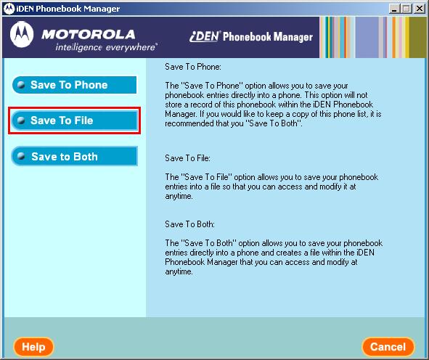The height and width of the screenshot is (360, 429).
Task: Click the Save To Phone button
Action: point(74,85)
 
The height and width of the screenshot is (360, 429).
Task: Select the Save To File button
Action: point(74,120)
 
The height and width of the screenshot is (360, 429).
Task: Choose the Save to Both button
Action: point(74,156)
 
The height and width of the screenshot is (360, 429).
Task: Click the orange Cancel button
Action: point(388,347)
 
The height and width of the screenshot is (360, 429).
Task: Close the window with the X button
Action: point(420,8)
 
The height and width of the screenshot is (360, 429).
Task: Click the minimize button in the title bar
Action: point(395,8)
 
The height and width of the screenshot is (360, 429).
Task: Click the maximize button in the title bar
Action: point(407,8)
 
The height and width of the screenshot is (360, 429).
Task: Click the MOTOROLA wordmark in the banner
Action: point(87,33)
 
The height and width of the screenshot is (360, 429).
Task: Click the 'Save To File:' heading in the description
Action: point(187,157)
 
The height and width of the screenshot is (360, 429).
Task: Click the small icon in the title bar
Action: point(8,8)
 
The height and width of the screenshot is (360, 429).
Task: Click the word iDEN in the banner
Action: point(204,36)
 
